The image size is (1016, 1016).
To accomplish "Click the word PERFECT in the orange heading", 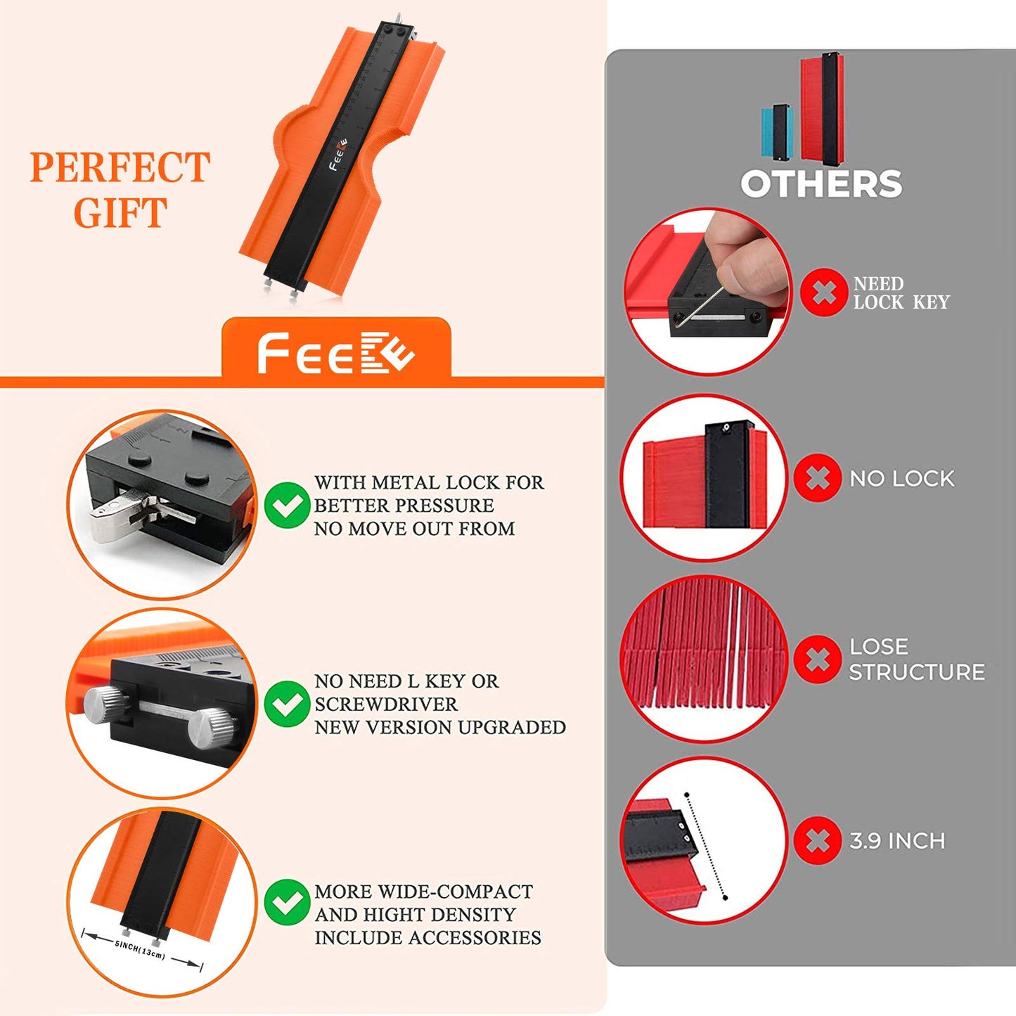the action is point(120,167).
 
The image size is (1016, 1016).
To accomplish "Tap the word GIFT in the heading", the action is point(121,212).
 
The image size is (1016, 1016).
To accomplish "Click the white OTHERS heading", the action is point(821,184).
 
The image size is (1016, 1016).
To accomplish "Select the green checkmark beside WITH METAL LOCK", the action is point(287,505).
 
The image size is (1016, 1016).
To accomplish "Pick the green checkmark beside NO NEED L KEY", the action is point(287,704).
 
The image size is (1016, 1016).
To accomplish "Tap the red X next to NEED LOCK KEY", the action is point(823,292).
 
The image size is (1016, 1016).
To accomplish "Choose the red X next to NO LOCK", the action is point(817,477).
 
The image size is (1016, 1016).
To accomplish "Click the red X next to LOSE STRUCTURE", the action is point(817,659).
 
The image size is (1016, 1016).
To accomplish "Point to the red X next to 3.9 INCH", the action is point(817,840).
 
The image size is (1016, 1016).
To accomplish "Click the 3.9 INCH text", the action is point(897,841).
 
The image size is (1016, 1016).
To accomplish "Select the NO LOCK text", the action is point(902,478).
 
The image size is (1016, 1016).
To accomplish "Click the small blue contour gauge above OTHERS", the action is point(777,131).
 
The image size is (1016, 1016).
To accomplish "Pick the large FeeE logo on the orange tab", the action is point(336,353).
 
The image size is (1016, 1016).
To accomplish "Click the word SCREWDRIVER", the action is point(386,705).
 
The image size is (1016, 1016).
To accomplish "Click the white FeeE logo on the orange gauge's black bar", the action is point(338,155).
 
